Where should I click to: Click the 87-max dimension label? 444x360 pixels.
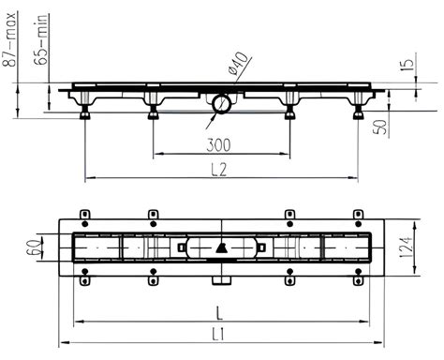coord(9,39)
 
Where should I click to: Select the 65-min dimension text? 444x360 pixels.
coord(41,39)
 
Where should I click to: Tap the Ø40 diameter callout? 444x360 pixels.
coord(239,64)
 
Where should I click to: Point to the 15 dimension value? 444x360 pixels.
coord(407,64)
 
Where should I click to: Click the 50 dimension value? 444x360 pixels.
coord(380,126)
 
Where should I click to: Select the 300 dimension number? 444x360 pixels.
coord(218,145)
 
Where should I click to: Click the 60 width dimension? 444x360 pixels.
coord(35,247)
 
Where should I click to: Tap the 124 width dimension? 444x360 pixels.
coord(407,247)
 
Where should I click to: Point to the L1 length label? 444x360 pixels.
coord(217,335)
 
